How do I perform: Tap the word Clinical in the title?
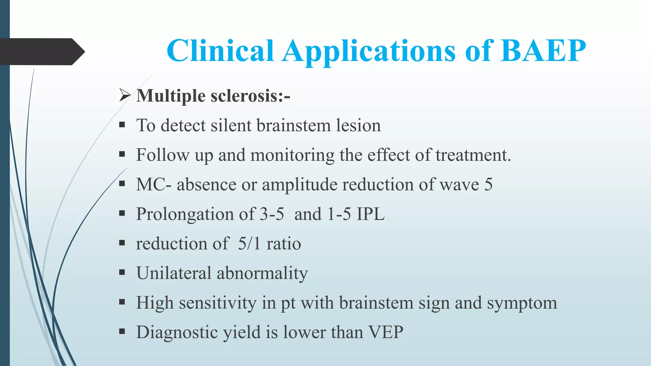pos(220,51)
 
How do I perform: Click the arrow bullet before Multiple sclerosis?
pos(125,95)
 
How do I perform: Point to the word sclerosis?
pos(250,96)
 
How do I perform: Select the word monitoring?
pos(292,155)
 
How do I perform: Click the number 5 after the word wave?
pos(488,184)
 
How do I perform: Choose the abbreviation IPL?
pos(371,214)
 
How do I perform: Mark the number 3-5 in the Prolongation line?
pos(272,214)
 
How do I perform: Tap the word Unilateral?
pos(174,273)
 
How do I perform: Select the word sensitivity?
pos(218,303)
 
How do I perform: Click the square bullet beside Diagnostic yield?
pos(122,332)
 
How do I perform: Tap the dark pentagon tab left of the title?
pos(41,52)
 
